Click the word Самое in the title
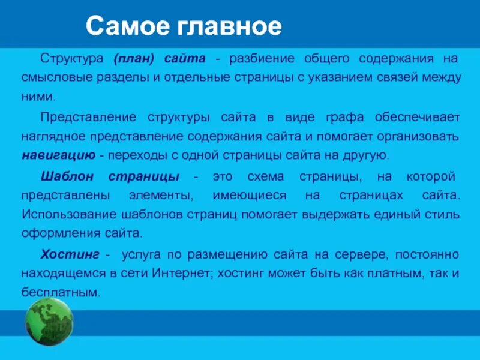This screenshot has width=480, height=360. point(120,26)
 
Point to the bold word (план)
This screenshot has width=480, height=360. point(134,59)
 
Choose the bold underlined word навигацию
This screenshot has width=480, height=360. point(58,156)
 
